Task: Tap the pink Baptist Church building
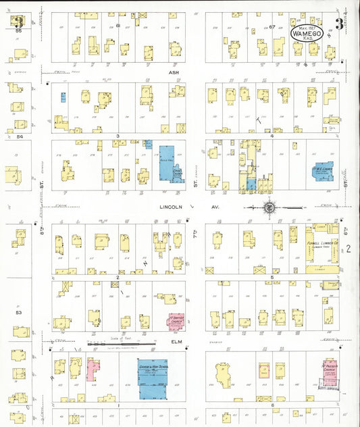[x=177, y=320]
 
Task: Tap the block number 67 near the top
[x=273, y=26]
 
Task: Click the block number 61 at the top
[x=118, y=26]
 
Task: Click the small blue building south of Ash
[x=63, y=97]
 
